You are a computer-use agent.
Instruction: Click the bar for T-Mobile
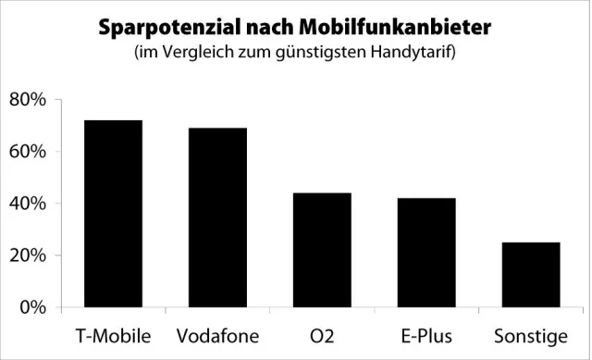point(112,214)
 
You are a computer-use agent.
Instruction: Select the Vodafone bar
point(217,217)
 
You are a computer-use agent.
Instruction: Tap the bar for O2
point(322,250)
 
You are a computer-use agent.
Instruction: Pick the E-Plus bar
point(426,253)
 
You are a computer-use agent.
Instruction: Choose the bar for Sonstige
point(531,275)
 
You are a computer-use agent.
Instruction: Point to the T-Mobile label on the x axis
point(112,333)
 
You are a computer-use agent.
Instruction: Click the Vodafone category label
point(217,333)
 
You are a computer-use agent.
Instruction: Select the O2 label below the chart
point(322,333)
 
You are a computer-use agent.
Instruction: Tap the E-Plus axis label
point(426,333)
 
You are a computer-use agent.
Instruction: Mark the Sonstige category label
point(531,333)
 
